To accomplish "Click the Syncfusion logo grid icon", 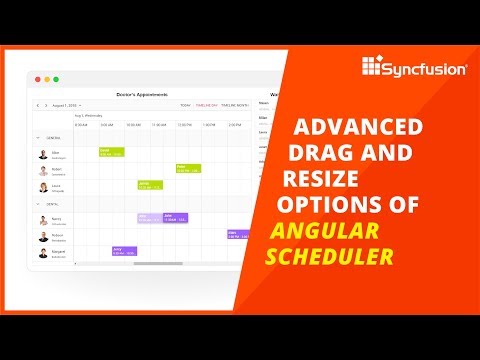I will [372, 69].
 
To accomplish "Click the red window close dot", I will [38, 79].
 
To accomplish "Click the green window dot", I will [56, 79].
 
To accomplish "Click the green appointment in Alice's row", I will [111, 152].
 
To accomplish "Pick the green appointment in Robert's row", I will [188, 168].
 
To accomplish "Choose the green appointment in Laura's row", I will [150, 185].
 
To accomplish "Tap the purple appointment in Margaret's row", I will [124, 251].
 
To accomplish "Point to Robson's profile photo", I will [43, 237].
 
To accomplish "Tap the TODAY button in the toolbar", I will [185, 105].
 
